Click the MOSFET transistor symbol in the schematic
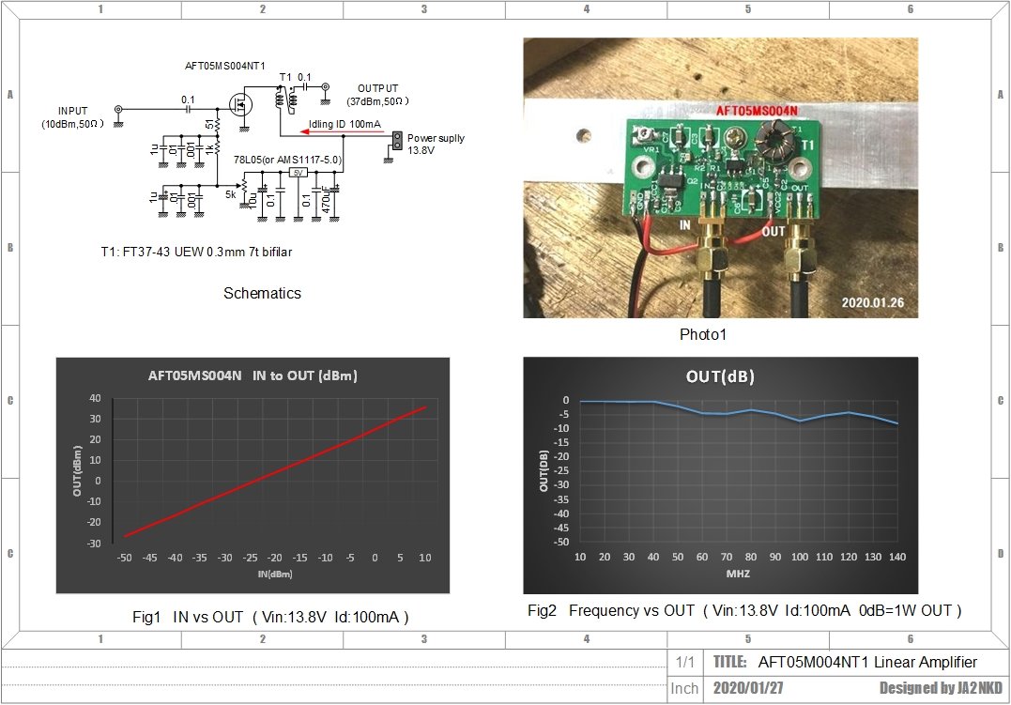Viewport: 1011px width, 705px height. pos(240,105)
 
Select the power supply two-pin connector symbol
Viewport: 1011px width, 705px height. pos(396,141)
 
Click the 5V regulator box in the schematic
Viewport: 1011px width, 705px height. pos(298,173)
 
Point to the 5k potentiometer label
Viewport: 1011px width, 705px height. pos(231,194)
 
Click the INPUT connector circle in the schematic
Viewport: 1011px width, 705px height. pos(118,110)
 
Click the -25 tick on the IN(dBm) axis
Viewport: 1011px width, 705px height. pos(250,558)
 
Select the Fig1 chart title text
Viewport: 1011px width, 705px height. pos(253,375)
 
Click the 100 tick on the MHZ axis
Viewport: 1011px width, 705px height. pos(800,557)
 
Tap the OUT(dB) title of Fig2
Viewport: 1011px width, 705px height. pos(720,377)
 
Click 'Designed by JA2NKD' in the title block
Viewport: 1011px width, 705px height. pos(941,688)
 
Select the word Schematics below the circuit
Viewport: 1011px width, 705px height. pos(262,293)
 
